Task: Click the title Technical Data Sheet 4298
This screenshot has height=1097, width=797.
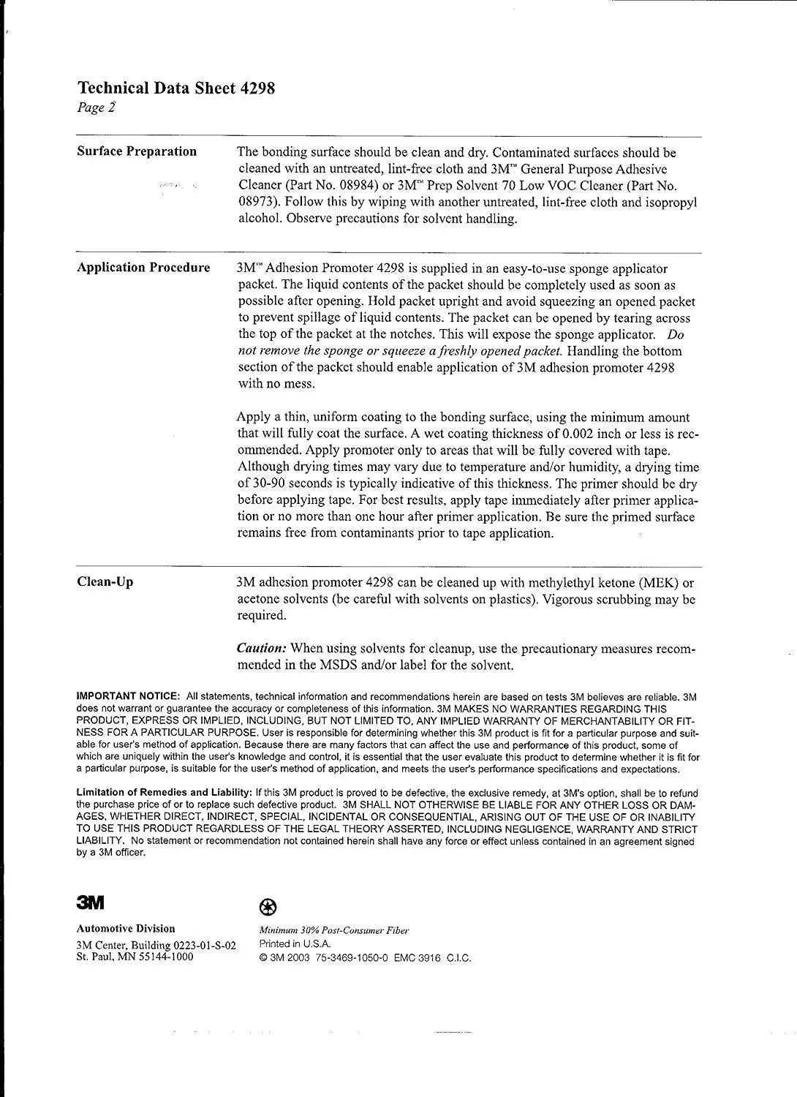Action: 176,88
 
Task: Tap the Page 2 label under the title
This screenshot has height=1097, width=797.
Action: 96,108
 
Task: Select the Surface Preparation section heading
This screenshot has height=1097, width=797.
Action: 137,151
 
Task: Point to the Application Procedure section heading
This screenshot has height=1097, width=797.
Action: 143,268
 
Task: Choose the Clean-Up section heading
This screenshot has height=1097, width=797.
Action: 105,582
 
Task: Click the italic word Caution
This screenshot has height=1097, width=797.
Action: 261,649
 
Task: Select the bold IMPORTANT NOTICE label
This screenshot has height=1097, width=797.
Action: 128,696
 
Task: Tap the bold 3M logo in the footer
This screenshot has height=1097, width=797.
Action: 91,902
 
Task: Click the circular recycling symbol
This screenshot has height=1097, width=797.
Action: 268,908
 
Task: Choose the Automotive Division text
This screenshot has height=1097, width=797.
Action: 126,929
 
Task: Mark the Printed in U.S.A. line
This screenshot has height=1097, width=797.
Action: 295,944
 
